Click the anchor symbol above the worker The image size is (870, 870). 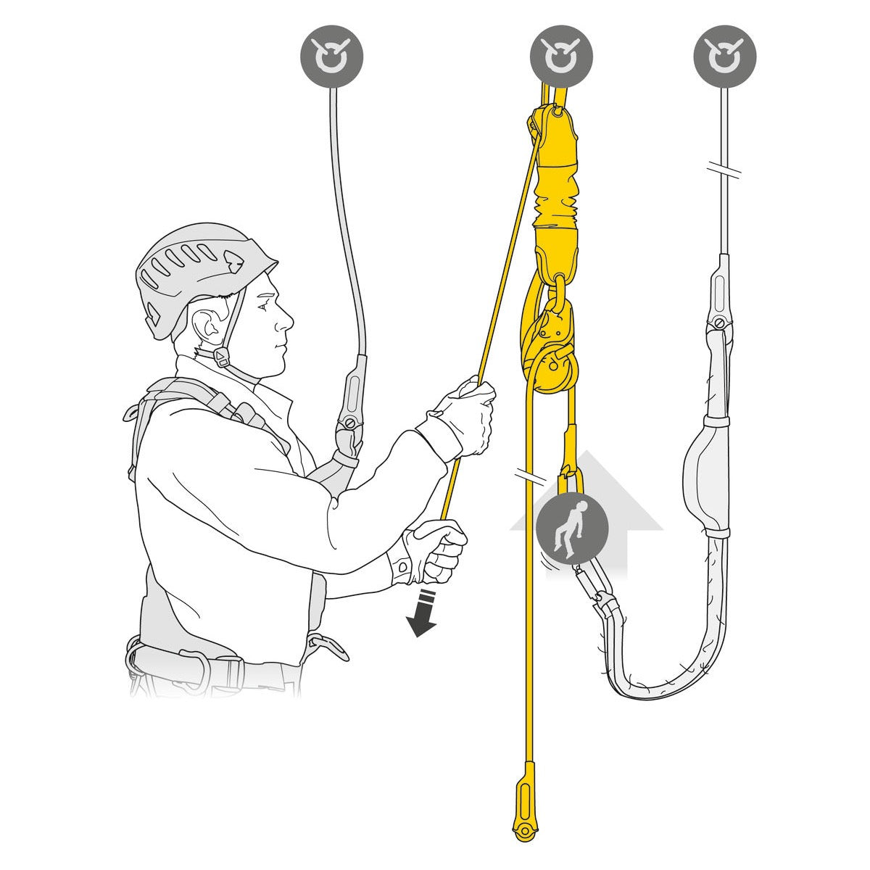pos(331,55)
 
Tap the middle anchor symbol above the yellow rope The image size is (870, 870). pos(561,55)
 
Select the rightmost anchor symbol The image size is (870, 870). pos(724,55)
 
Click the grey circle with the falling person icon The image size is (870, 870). pos(571,526)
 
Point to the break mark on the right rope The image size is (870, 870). pos(724,173)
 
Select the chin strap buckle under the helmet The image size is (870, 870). pos(220,355)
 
